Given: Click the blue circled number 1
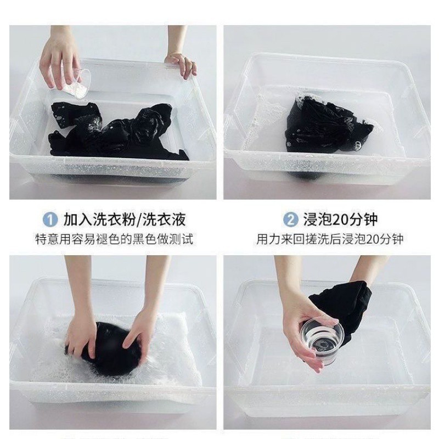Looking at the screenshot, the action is tap(50, 219).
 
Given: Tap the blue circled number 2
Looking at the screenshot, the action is tap(291, 219).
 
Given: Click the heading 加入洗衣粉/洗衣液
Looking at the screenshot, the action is tap(125, 219).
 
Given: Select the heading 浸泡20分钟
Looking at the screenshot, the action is tap(340, 219).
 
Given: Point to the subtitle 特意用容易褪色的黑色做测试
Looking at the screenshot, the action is tap(114, 239).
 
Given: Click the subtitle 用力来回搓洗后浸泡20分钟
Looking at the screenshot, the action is tap(330, 239).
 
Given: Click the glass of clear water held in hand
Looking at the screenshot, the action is tap(322, 341).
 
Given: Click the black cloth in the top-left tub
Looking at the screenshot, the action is tap(117, 133).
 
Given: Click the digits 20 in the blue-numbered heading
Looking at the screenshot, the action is tap(341, 219).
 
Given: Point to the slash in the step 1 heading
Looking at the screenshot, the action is tap(138, 219).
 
